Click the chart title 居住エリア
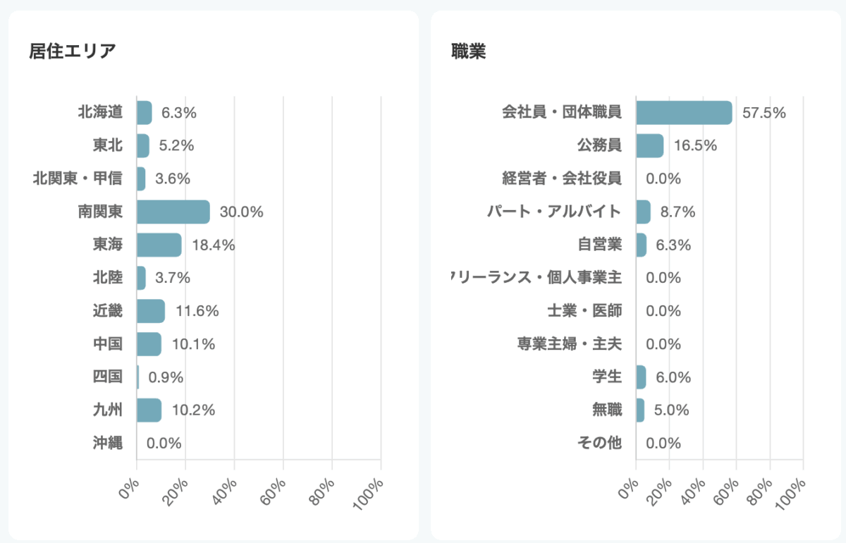(x=73, y=51)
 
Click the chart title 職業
(x=469, y=51)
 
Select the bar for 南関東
(x=173, y=212)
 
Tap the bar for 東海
(x=159, y=245)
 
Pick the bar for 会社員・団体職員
(x=684, y=113)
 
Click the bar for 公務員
(x=649, y=146)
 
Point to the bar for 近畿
(x=151, y=311)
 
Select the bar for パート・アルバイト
(x=643, y=212)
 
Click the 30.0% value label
(x=242, y=212)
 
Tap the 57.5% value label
(x=764, y=113)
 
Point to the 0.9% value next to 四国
(x=166, y=377)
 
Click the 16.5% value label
(x=695, y=146)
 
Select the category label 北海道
(x=100, y=112)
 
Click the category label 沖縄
(x=107, y=443)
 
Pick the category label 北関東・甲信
(x=78, y=178)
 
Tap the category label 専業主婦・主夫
(x=570, y=344)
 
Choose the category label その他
(x=599, y=443)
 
